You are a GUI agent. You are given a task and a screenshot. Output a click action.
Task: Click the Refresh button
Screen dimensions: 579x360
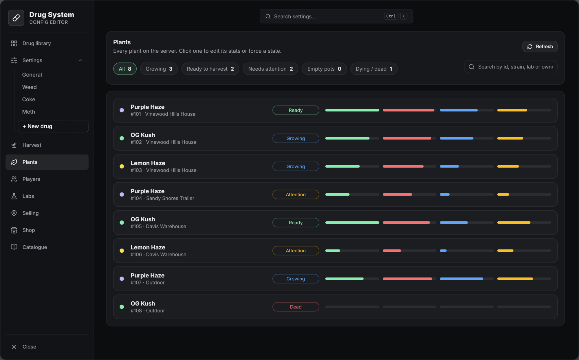540,47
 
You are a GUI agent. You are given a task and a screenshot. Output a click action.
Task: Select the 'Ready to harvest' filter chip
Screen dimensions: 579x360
210,69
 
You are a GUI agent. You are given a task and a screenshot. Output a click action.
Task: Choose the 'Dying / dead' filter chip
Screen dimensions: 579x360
374,69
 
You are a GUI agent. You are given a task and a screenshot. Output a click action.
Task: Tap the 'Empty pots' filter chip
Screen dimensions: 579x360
324,69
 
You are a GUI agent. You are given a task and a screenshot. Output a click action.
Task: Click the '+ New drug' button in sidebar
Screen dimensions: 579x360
53,126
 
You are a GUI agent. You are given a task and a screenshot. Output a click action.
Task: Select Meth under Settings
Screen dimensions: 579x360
29,112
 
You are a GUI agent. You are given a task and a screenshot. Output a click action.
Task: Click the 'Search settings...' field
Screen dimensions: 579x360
336,16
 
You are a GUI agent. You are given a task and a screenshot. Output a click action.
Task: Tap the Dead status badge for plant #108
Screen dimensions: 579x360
296,307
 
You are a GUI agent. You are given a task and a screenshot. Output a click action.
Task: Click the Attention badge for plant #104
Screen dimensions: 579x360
296,194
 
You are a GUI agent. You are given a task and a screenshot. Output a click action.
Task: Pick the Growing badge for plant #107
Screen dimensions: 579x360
296,279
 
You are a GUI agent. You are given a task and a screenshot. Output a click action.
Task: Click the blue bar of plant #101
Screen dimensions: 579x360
459,110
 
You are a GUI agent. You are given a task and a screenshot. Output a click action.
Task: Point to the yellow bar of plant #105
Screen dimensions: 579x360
514,223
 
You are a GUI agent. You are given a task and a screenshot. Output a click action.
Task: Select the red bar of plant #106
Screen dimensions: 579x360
392,251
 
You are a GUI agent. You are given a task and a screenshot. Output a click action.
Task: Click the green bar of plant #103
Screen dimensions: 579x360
342,166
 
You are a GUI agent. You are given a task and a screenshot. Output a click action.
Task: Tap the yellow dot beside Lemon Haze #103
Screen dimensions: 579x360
122,166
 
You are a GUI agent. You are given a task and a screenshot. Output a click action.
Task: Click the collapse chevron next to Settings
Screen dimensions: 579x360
80,60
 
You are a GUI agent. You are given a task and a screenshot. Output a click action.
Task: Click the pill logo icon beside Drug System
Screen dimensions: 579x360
16,18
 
